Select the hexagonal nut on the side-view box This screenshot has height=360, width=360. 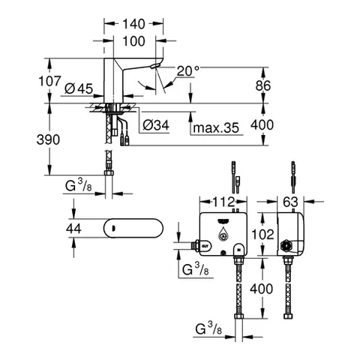[286, 245]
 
